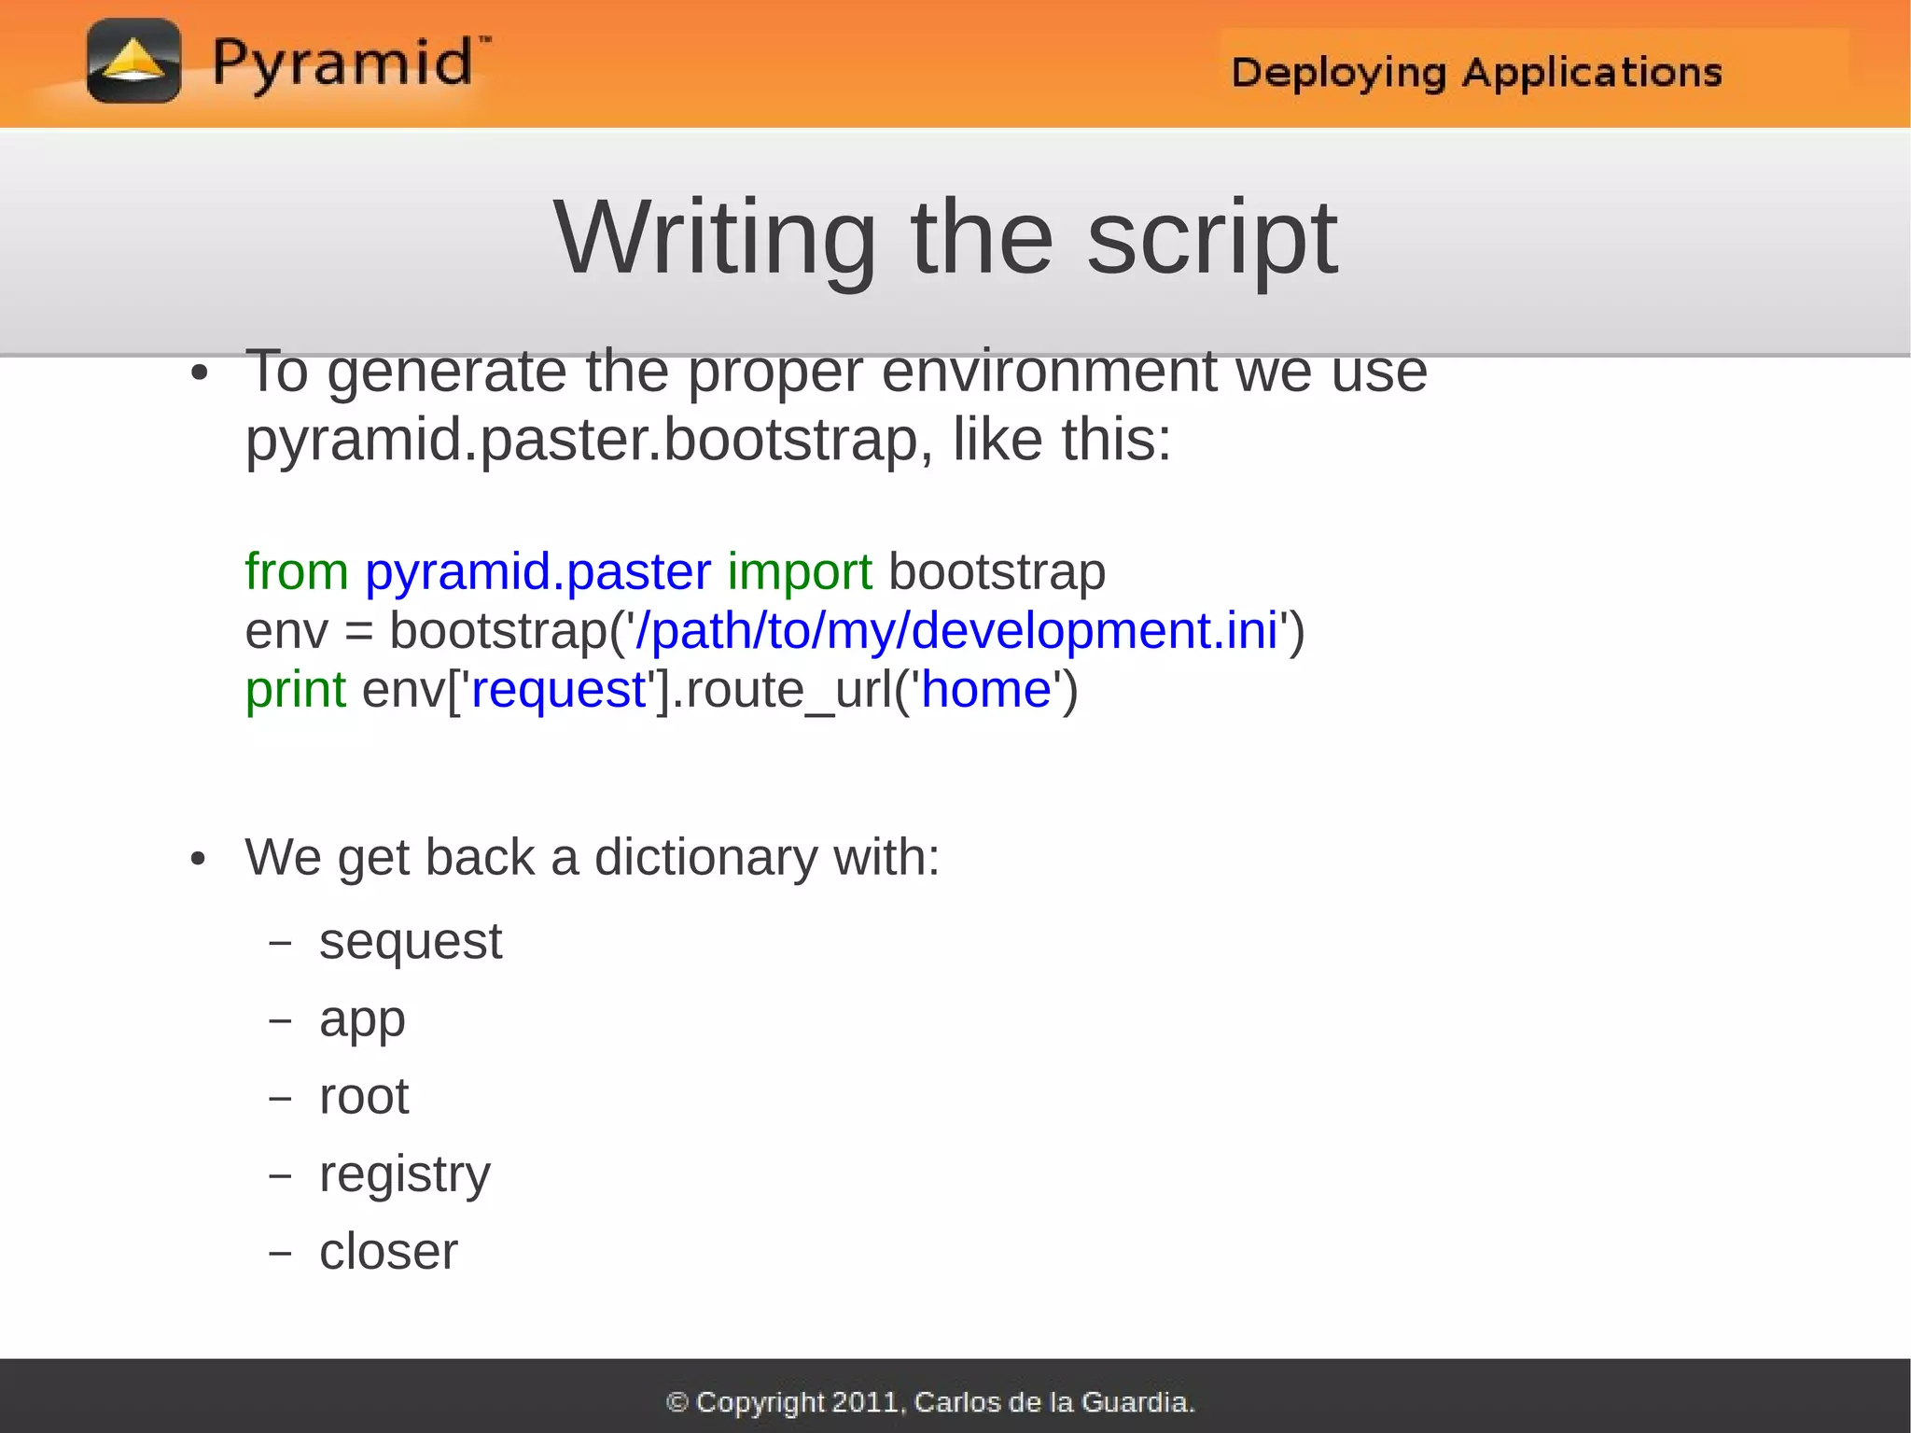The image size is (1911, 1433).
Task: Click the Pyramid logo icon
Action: pos(133,62)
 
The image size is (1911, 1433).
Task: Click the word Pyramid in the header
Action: pos(342,63)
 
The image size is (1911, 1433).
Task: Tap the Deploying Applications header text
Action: pos(1476,73)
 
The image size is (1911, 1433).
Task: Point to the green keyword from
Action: pos(296,571)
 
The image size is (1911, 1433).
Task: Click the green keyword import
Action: pos(800,571)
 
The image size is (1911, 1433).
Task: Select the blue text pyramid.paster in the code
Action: pos(537,571)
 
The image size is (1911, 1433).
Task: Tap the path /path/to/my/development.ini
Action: pos(955,630)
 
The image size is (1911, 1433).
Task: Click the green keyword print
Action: pos(295,691)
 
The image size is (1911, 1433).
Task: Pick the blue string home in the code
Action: pos(986,690)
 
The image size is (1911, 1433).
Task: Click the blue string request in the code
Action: pos(559,691)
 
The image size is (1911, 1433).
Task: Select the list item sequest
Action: pos(411,941)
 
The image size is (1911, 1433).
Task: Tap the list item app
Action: pos(362,1020)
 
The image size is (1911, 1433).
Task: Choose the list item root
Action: pos(364,1096)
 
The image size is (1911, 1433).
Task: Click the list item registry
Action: pos(404,1174)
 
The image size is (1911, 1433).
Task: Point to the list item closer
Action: pos(388,1252)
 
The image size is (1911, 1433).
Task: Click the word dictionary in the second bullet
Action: pos(706,857)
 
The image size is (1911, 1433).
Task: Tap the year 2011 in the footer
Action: pos(865,1401)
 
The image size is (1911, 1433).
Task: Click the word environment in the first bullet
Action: pos(1049,372)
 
